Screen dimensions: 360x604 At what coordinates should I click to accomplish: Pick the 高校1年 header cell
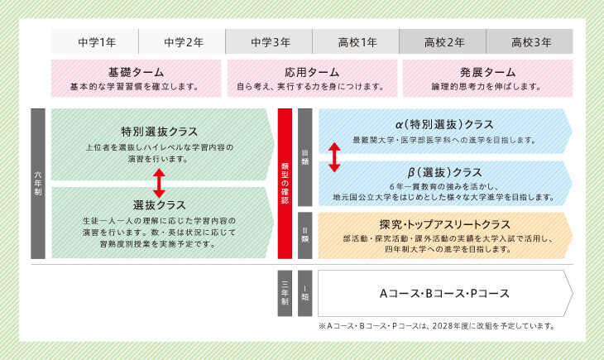coord(356,42)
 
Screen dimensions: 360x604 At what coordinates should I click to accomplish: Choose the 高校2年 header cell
coord(443,42)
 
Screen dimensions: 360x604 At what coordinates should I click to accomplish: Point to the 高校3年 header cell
coord(530,42)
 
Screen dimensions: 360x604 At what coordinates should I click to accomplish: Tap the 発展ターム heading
coord(487,71)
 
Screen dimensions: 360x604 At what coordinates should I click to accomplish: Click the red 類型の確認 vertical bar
coord(286,183)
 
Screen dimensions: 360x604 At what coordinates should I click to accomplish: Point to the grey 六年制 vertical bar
coord(37,183)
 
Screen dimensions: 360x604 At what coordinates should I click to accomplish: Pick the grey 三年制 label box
coord(285,292)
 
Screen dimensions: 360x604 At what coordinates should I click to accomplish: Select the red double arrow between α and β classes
coord(334,156)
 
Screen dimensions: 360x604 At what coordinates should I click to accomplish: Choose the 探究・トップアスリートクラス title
coord(444,224)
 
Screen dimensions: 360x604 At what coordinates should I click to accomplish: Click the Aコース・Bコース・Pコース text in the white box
coord(444,293)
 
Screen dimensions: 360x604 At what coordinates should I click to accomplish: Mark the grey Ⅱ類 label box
coord(304,236)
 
